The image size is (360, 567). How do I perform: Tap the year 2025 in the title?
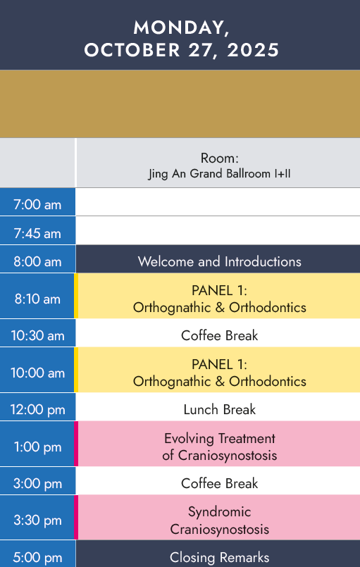(x=253, y=50)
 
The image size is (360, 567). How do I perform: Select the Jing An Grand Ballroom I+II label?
(x=219, y=173)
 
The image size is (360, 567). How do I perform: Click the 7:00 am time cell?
(x=37, y=205)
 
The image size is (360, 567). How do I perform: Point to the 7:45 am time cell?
(x=37, y=233)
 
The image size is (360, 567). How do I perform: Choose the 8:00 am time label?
(x=37, y=261)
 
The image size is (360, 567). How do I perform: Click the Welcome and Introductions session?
(x=219, y=261)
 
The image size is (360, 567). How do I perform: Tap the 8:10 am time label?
(x=37, y=299)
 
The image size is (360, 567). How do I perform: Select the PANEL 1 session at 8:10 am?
(x=219, y=299)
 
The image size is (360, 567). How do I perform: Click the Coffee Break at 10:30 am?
(x=219, y=335)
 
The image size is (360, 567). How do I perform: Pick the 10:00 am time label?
(x=37, y=373)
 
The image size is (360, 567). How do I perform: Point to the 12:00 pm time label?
(x=37, y=410)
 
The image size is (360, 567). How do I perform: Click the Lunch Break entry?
(x=219, y=410)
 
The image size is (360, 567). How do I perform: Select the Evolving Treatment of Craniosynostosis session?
(x=219, y=447)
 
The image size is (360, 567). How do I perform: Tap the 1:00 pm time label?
(x=37, y=447)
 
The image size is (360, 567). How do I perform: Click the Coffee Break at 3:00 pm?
(x=219, y=483)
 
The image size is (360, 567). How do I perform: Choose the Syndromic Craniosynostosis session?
(x=219, y=521)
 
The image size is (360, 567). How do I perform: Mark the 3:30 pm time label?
(x=37, y=521)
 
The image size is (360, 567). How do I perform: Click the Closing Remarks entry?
(x=219, y=557)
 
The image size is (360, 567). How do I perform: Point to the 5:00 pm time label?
(x=37, y=558)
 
